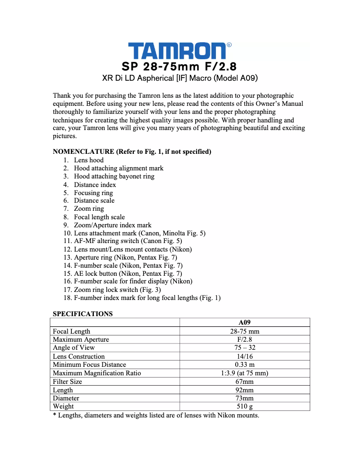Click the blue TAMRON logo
(x=177, y=51)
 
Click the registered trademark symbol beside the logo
(x=229, y=45)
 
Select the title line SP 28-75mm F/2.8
(x=179, y=66)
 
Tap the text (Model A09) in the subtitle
(x=235, y=78)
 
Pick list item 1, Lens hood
(x=88, y=160)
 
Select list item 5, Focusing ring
(x=93, y=193)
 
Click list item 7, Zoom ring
(x=89, y=209)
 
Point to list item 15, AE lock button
(x=128, y=274)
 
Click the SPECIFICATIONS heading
(x=83, y=314)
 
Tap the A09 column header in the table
(x=244, y=322)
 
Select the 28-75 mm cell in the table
(x=244, y=331)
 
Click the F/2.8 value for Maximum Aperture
(x=244, y=339)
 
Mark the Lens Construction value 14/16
(x=244, y=356)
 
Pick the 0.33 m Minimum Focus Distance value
(x=244, y=365)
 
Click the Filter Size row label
(x=67, y=382)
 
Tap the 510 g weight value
(x=244, y=406)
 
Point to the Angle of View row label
(x=74, y=348)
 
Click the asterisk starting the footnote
(x=54, y=415)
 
